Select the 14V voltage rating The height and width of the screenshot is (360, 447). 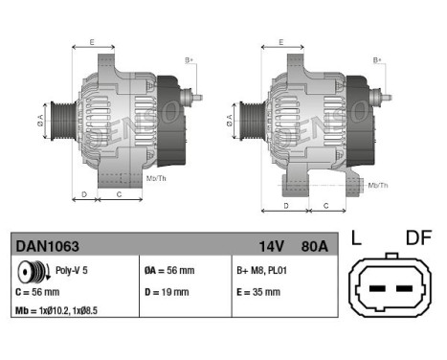pos(269,246)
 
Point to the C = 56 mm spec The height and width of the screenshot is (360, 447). pos(38,292)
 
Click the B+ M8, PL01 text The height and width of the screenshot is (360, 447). pos(261,272)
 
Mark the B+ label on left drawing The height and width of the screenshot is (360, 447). pos(189,59)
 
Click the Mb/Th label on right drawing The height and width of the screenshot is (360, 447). pos(378,184)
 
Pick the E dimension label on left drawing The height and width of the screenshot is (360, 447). pos(92,42)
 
